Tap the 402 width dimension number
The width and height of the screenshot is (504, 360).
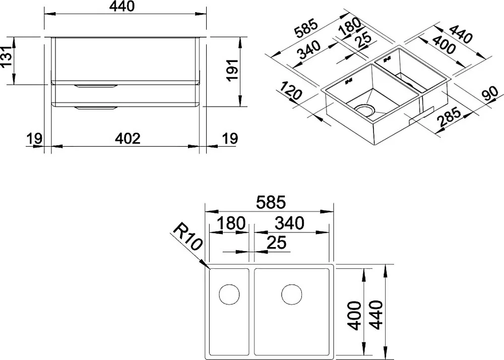pyautogui.click(x=128, y=138)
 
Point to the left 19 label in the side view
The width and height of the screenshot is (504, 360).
pyautogui.click(x=34, y=139)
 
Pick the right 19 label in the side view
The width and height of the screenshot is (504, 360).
pyautogui.click(x=230, y=139)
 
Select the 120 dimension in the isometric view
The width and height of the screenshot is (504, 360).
pyautogui.click(x=290, y=91)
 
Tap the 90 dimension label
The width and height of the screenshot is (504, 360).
pyautogui.click(x=490, y=94)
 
